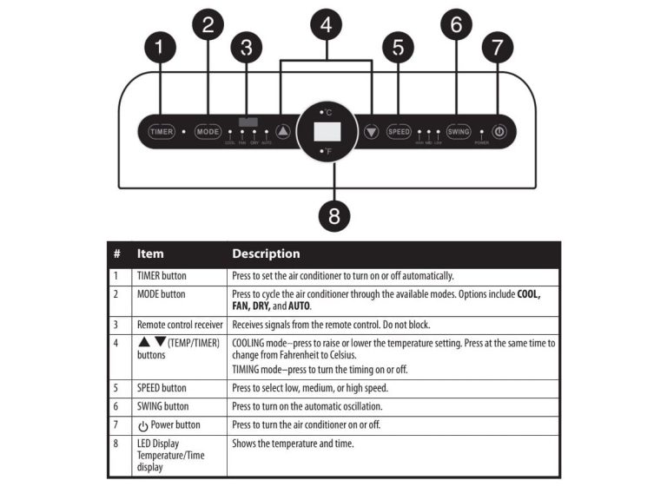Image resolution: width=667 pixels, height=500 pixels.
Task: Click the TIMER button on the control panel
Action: pos(162,132)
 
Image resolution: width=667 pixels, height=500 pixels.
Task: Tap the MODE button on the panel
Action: pos(208,132)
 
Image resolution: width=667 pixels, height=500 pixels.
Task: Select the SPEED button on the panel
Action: pos(399,132)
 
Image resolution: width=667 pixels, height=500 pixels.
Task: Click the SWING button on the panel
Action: pos(458,132)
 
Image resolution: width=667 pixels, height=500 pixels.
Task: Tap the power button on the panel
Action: pos(499,132)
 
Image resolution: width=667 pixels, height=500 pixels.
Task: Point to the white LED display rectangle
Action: pos(327,132)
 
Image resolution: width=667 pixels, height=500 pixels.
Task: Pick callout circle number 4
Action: pos(327,26)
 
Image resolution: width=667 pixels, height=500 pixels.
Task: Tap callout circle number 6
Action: pos(457,25)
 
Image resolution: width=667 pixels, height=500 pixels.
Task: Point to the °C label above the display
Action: pos(327,113)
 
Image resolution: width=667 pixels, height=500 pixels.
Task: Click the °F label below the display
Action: pos(327,152)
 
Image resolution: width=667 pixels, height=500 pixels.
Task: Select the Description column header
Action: pos(266,254)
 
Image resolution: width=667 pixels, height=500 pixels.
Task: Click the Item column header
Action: pos(150,254)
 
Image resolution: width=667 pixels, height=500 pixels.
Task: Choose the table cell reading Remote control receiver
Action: pos(179,323)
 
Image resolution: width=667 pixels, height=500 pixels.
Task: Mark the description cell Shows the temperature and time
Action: pos(293,444)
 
